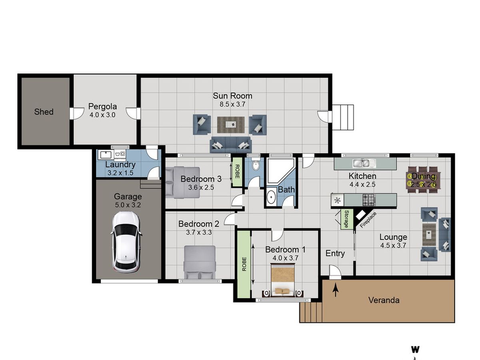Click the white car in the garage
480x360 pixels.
coord(126,242)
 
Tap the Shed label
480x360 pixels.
coord(44,112)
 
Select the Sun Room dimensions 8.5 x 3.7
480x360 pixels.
coord(232,104)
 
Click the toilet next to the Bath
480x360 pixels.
coord(255,165)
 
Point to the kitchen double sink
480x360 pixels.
coord(364,163)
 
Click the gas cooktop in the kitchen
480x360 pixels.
coord(369,200)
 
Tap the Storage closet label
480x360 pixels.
coord(346,219)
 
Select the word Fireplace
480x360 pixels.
coord(368,220)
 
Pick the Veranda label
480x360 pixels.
coord(384,300)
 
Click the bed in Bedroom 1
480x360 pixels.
coord(283,280)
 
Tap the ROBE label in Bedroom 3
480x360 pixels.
coord(237,172)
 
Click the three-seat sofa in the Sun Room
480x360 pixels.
coord(231,144)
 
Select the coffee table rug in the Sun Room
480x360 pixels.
coord(231,124)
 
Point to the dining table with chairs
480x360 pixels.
coord(423,180)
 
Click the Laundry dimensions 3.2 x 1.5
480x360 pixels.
coord(120,173)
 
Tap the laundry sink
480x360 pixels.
coord(106,155)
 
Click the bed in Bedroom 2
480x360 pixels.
coord(200,262)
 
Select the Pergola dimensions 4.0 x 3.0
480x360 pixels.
coord(102,115)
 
